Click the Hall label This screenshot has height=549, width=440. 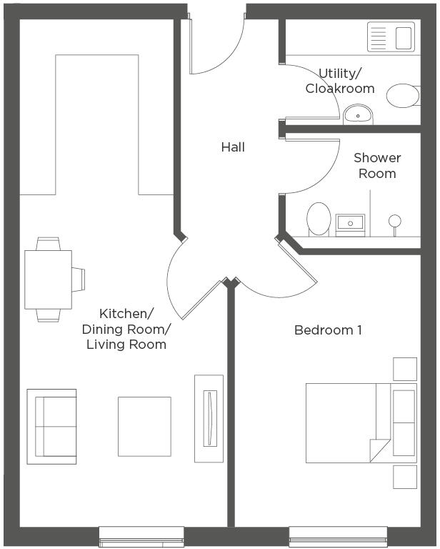(233, 147)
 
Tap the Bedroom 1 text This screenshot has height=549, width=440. (328, 330)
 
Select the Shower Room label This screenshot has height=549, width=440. (377, 165)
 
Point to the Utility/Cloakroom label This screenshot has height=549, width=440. (340, 81)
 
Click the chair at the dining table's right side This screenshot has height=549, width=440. (78, 278)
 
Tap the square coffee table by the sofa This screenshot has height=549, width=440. (144, 426)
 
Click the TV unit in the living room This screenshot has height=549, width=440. (209, 411)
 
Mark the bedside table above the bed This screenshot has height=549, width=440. (405, 369)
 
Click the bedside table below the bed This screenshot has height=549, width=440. (405, 477)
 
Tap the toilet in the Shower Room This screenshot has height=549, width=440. (319, 218)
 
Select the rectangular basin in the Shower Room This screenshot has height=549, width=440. (351, 224)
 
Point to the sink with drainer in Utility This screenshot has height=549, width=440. (391, 37)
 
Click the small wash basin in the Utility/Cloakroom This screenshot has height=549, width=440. (356, 114)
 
